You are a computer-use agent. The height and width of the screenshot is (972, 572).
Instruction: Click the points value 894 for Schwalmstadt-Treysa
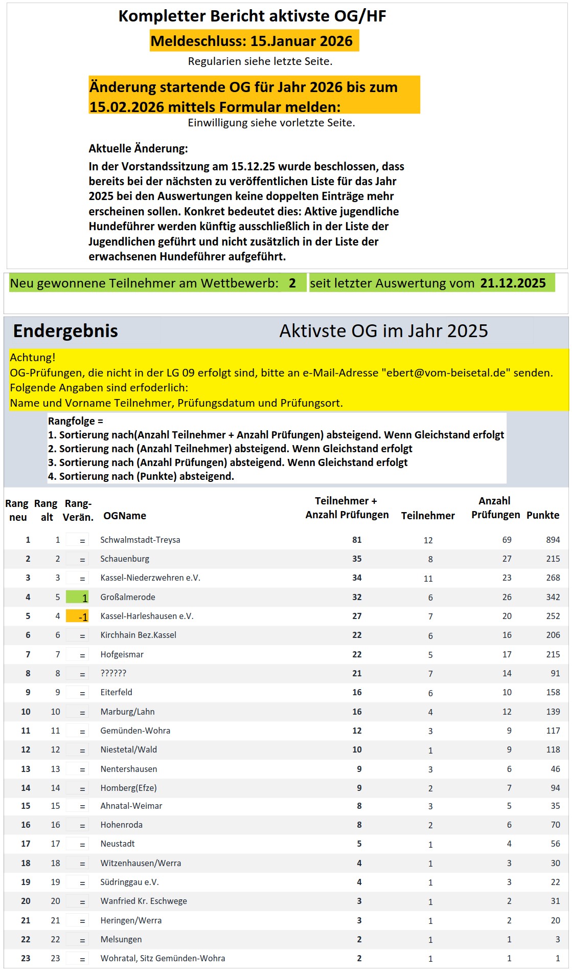coord(553,540)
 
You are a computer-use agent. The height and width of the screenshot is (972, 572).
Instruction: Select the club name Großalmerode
coord(127,597)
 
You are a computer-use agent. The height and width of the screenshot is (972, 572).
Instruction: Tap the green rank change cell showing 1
coord(77,597)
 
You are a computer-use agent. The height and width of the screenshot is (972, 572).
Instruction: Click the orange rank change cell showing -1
coord(77,616)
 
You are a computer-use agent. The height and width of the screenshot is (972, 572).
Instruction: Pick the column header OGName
coord(124,516)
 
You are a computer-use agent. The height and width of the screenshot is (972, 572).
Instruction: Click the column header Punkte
coord(542,515)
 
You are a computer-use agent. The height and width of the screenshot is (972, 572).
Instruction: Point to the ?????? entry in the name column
coord(113,673)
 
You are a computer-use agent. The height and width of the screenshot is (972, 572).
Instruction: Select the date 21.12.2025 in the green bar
coord(513,283)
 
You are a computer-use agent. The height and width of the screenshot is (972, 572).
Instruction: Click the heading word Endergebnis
coord(65,331)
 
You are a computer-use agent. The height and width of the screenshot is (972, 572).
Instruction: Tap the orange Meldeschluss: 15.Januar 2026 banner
coord(254,41)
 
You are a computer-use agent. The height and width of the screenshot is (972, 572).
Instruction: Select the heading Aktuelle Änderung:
coord(138,149)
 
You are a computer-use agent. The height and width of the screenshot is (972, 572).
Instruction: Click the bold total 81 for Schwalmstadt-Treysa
coord(357,540)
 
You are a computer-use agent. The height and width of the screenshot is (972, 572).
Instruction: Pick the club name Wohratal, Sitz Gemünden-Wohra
coord(163,958)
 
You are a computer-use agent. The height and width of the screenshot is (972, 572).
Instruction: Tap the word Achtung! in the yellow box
coord(33,358)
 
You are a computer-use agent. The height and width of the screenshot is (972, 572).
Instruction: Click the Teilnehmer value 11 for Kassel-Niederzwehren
coord(428,579)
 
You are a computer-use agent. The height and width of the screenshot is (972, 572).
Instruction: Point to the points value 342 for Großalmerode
coord(553,597)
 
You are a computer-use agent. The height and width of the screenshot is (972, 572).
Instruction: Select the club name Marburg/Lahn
coord(127,712)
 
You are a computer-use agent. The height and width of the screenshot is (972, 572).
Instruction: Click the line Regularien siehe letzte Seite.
coord(260,61)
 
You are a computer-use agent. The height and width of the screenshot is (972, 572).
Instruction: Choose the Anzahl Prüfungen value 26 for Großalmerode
coord(507,597)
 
